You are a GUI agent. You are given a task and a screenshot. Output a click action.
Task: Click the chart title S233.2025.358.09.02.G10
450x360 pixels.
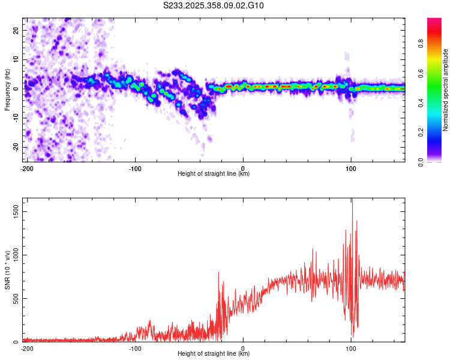(214, 6)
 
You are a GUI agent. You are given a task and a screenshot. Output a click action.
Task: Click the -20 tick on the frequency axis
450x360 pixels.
(15, 147)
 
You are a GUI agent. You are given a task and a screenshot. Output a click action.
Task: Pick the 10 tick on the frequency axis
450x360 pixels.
(16, 59)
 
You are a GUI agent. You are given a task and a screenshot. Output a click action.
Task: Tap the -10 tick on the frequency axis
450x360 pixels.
(15, 118)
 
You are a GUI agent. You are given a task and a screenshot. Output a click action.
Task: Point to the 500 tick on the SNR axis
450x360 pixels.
(15, 298)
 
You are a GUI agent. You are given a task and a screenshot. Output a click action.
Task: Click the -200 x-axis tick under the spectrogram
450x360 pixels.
(27, 168)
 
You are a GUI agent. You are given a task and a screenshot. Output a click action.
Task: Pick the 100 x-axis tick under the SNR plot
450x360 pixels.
(350, 348)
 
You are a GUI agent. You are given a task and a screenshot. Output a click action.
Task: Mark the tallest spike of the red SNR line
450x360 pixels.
(352, 200)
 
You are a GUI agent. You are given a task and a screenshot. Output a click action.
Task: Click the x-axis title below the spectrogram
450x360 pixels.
(214, 174)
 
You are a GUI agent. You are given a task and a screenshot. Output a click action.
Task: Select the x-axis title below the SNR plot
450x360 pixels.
(214, 354)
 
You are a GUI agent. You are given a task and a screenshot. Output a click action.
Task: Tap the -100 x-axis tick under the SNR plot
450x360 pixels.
(135, 348)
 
